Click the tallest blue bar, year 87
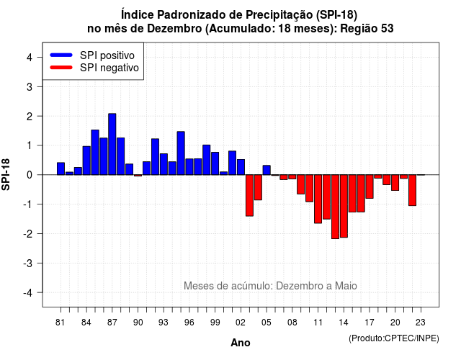(x=112, y=144)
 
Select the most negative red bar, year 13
(x=335, y=207)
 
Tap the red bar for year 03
(x=249, y=195)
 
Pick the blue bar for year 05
(x=267, y=170)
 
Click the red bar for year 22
(x=413, y=190)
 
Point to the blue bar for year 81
(x=61, y=168)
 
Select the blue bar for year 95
(x=181, y=153)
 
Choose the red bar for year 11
(x=318, y=199)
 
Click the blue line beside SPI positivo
(x=61, y=55)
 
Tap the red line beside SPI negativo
(x=61, y=68)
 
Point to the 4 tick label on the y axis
(x=30, y=58)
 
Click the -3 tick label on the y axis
(x=28, y=264)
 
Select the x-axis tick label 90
(x=138, y=323)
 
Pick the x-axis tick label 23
(x=421, y=323)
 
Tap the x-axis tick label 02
(x=241, y=323)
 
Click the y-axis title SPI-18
(x=6, y=174)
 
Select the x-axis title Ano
(x=241, y=343)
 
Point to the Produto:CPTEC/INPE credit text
(x=394, y=338)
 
